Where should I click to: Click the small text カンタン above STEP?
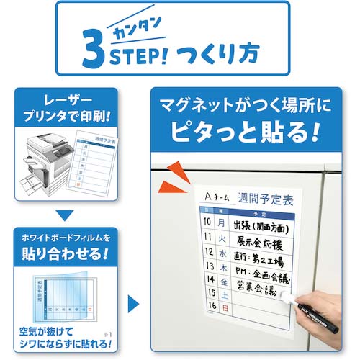pyautogui.click(x=140, y=28)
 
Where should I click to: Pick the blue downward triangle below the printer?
pyautogui.click(x=66, y=214)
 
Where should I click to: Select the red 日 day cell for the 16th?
pyautogui.click(x=224, y=307)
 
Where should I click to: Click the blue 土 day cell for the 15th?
pyautogui.click(x=224, y=293)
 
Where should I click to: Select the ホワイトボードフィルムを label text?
pyautogui.click(x=66, y=238)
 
